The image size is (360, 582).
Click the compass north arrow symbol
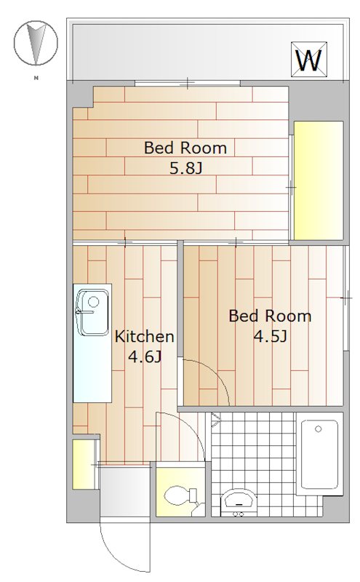coord(36,43)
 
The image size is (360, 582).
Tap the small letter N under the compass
coord(36,78)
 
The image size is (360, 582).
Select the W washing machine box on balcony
coord(309,60)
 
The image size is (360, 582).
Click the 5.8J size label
coord(185,168)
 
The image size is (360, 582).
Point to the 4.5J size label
coord(271,336)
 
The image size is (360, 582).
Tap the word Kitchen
coord(145,336)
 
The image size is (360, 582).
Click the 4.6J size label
coord(145,356)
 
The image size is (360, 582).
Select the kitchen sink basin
coord(92,313)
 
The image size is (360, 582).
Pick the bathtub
coord(319,454)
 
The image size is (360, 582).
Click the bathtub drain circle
coord(318,429)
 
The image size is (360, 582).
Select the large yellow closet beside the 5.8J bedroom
coord(319,180)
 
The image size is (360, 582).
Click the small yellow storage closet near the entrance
coord(83,464)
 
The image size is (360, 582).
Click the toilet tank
coord(193,495)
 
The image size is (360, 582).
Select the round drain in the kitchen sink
coord(94,301)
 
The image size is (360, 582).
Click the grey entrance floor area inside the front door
coord(124,492)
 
